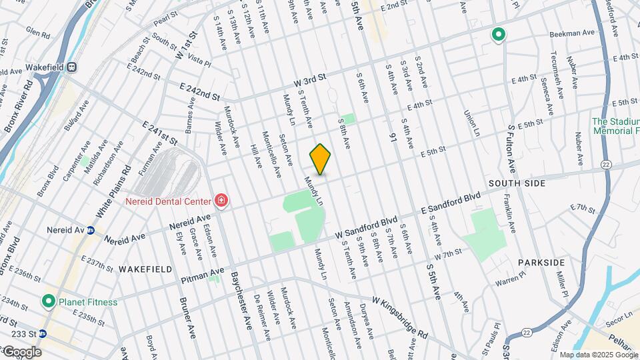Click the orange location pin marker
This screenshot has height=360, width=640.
click(x=321, y=159)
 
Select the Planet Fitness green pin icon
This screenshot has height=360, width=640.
click(x=48, y=302)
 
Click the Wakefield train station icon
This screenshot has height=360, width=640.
click(x=72, y=67)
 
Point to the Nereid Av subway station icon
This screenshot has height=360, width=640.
click(x=91, y=230)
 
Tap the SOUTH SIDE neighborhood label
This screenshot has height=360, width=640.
click(x=516, y=183)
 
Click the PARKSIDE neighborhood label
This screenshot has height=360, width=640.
click(x=541, y=263)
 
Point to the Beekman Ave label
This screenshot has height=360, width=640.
click(x=571, y=33)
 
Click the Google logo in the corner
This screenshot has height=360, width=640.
click(x=21, y=351)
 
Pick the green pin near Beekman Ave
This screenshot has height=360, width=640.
click(x=497, y=35)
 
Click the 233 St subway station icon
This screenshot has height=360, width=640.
click(x=42, y=334)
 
